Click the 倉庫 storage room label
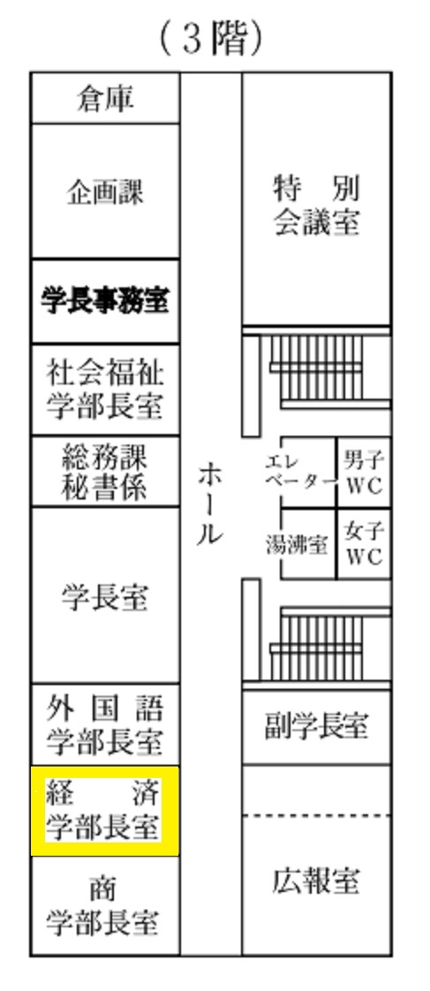[105, 99]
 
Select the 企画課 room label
[105, 191]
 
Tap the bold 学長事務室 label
[105, 301]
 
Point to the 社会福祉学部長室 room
[105, 389]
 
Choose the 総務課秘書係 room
[105, 471]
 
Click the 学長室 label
[105, 596]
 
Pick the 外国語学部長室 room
[105, 724]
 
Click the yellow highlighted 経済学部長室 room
[105, 811]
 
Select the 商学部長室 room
[105, 905]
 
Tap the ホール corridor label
[210, 504]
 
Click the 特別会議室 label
[316, 205]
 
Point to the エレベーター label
[299, 471]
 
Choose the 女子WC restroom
[365, 544]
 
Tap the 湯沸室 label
[297, 545]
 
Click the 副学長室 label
[316, 727]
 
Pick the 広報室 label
[316, 880]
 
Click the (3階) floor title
[210, 39]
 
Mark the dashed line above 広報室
[316, 816]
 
